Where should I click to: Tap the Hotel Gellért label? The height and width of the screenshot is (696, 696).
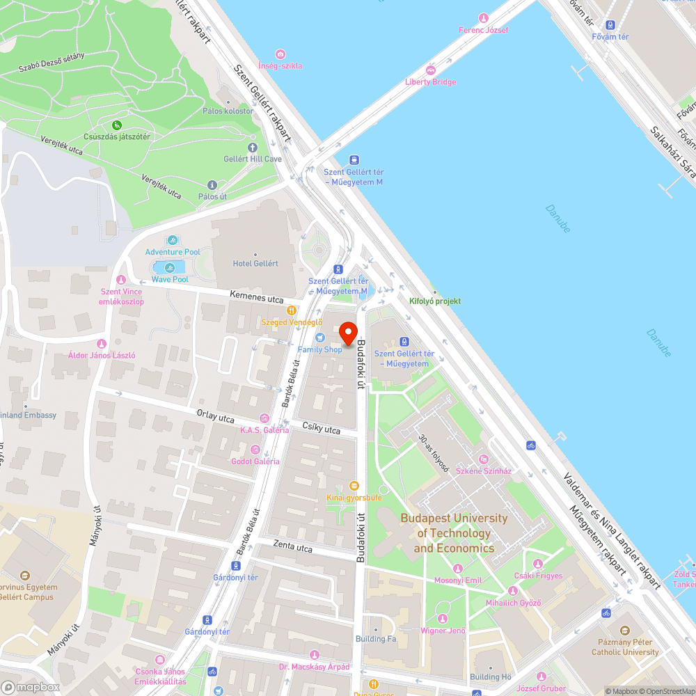pyautogui.click(x=255, y=264)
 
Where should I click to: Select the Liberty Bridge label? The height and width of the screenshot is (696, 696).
pyautogui.click(x=431, y=82)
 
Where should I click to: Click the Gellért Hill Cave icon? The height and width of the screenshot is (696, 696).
pyautogui.click(x=253, y=148)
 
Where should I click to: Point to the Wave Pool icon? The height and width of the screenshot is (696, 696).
pyautogui.click(x=170, y=268)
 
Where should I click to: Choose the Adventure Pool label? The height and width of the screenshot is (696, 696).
pyautogui.click(x=173, y=252)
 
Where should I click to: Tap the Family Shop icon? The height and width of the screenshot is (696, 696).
pyautogui.click(x=320, y=338)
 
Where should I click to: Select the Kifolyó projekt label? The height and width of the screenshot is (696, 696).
pyautogui.click(x=435, y=301)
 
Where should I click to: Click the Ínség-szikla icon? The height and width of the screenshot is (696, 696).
pyautogui.click(x=280, y=54)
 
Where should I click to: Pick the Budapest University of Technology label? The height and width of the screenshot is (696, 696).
pyautogui.click(x=454, y=533)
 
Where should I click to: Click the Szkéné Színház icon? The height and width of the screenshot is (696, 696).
pyautogui.click(x=483, y=460)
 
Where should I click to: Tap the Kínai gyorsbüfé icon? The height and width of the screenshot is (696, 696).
pyautogui.click(x=354, y=486)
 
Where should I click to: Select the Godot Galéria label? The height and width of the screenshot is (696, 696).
pyautogui.click(x=255, y=461)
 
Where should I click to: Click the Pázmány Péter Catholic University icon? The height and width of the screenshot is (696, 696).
pyautogui.click(x=625, y=630)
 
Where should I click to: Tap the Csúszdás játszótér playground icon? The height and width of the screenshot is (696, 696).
pyautogui.click(x=117, y=125)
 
